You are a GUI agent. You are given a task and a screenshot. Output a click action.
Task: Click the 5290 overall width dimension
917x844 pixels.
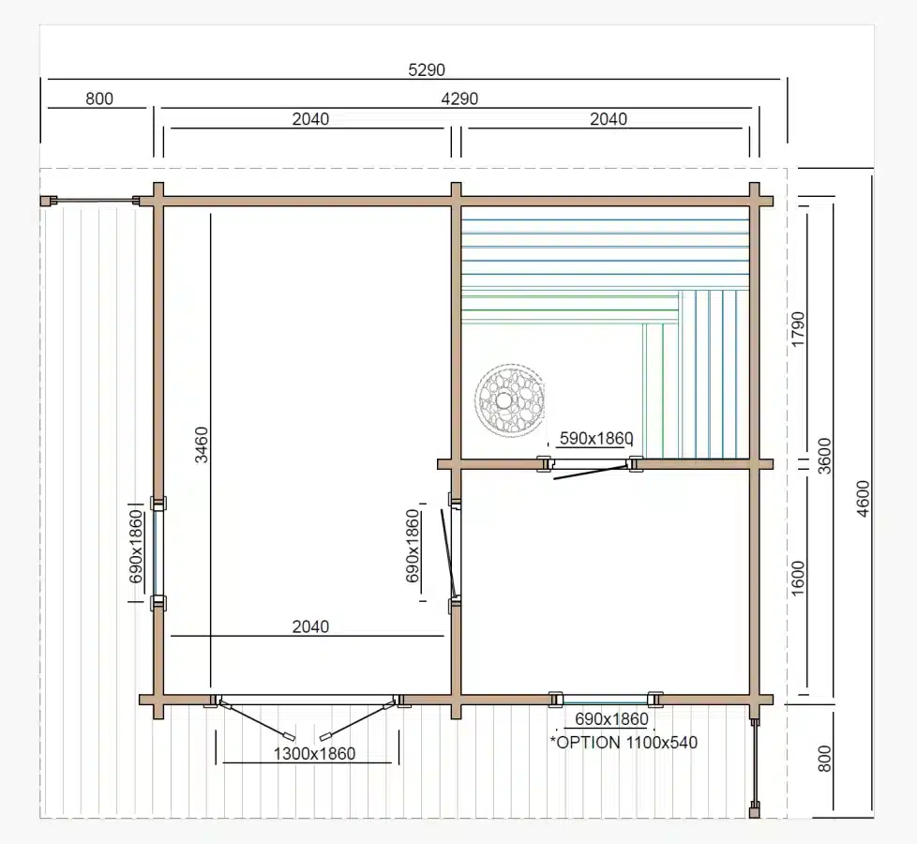pos(427,70)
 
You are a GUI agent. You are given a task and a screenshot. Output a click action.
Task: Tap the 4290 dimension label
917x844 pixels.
pos(459,98)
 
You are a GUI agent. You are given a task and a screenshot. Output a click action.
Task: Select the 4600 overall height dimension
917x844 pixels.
pos(864,498)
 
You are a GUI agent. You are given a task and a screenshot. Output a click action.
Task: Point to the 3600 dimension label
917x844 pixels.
pos(824,456)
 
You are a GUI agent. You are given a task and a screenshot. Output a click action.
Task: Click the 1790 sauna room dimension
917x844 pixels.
pos(798,329)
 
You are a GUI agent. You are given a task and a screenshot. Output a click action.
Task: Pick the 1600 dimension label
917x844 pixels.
pos(798,579)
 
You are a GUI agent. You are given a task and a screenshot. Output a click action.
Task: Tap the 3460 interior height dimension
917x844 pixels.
pos(202,445)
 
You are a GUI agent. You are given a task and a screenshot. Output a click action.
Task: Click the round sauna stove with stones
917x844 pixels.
pos(510,400)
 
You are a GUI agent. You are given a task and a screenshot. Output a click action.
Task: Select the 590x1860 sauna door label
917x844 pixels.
pos(596,438)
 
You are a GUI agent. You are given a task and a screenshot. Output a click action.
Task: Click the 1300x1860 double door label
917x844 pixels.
pos(315,753)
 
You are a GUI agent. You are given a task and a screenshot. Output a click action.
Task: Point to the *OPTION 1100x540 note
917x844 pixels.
pos(624,743)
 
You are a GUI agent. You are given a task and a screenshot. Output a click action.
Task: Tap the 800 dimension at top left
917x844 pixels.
pos(99,98)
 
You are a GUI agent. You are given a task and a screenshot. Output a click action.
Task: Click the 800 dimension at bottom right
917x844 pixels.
pos(824,759)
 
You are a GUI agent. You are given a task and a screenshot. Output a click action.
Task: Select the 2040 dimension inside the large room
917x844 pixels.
pos(310,627)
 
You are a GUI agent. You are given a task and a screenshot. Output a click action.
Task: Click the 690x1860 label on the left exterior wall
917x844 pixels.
pos(136,547)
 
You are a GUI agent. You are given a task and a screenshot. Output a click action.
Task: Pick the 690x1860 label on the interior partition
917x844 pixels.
pos(413,547)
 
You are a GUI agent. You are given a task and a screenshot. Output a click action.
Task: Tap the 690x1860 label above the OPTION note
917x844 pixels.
pos(611,719)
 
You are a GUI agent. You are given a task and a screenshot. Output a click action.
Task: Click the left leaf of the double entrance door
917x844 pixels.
pos(257,721)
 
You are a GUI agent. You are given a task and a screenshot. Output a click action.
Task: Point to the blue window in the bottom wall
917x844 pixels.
pos(606,700)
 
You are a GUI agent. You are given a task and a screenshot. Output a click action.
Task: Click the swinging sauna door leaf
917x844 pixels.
pos(590,473)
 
